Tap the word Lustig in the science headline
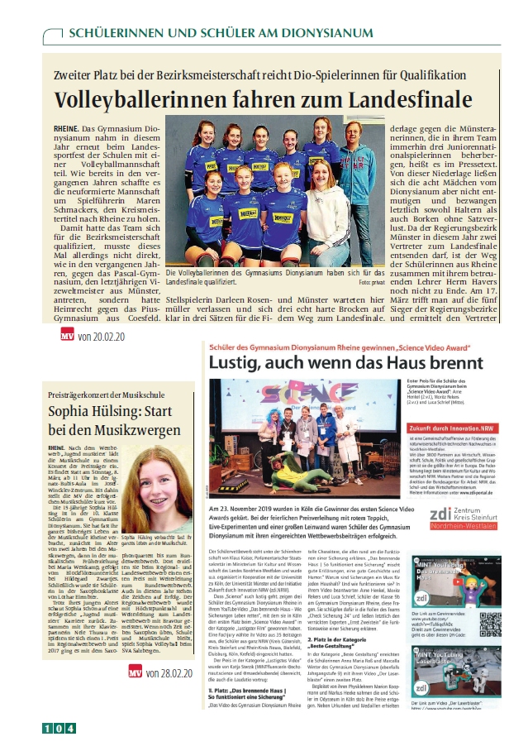point(235,363)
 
